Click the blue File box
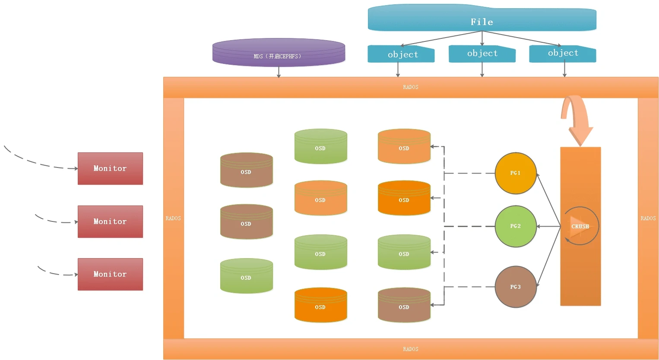[482, 19]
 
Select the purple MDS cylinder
[279, 53]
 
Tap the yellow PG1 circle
[515, 173]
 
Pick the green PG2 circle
[515, 226]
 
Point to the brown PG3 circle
[515, 287]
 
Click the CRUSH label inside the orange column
[580, 226]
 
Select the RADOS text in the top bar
[410, 87]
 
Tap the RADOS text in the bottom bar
[410, 349]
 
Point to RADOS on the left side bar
[173, 218]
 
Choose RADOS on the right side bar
[648, 218]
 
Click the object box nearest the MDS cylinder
[401, 54]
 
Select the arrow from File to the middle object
[482, 38]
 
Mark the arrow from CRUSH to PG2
[548, 226]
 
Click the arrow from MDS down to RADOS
[279, 72]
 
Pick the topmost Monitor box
[110, 168]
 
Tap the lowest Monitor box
[110, 274]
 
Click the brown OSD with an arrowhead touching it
[404, 306]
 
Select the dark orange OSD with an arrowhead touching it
[404, 199]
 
